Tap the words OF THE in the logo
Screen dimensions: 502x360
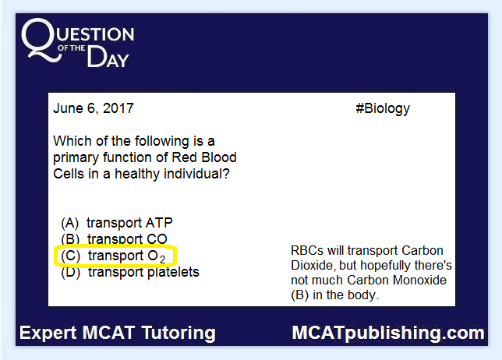click(x=72, y=48)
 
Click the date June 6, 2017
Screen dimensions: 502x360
click(x=94, y=108)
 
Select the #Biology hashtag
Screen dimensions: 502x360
click(x=383, y=109)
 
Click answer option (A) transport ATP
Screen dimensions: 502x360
click(x=117, y=223)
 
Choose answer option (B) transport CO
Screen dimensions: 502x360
click(x=114, y=238)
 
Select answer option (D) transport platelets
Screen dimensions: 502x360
click(x=130, y=272)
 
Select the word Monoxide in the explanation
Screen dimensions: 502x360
click(x=419, y=280)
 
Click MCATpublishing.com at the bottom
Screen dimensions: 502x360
click(x=388, y=334)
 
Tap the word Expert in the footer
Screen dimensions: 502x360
click(x=48, y=333)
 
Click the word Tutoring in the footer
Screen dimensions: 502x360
click(x=179, y=334)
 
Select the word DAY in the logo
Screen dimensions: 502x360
click(x=108, y=57)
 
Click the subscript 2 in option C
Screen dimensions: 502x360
click(x=163, y=259)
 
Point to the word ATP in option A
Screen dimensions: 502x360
click(x=159, y=223)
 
